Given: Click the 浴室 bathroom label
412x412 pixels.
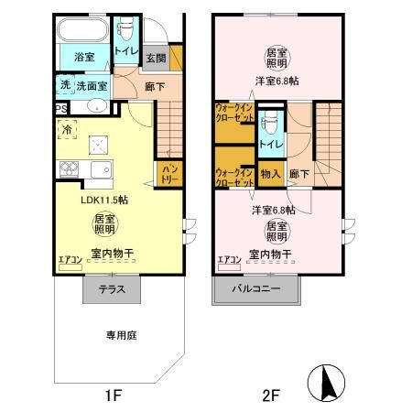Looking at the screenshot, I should pyautogui.click(x=83, y=58).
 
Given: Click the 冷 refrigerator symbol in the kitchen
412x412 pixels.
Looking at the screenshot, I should pyautogui.click(x=66, y=131).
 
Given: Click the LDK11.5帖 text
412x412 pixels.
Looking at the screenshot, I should pyautogui.click(x=103, y=200).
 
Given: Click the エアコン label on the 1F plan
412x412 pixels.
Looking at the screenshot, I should pyautogui.click(x=70, y=260).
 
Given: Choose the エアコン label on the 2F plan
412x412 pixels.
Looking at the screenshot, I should pyautogui.click(x=229, y=260).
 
